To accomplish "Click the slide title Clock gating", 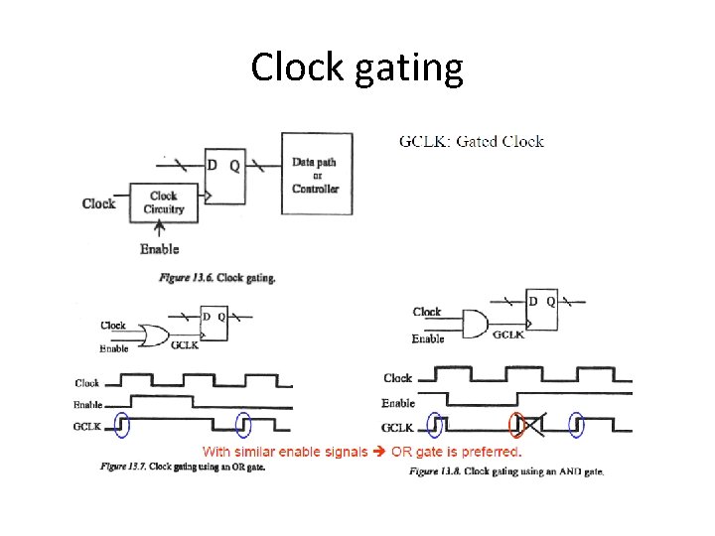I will pyautogui.click(x=357, y=67).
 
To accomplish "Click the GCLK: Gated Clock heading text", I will pyautogui.click(x=471, y=141).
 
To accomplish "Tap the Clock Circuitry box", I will pyautogui.click(x=164, y=202).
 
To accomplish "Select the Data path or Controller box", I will pyautogui.click(x=315, y=174).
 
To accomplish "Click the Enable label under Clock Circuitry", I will pyautogui.click(x=159, y=249).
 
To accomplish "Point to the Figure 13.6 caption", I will pyautogui.click(x=217, y=278).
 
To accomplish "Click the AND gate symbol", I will pyautogui.click(x=475, y=322).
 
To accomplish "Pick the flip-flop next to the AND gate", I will pyautogui.click(x=541, y=310).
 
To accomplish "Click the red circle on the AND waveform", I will pyautogui.click(x=516, y=425).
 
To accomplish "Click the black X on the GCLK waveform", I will pyautogui.click(x=532, y=427).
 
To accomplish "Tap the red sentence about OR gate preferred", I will pyautogui.click(x=361, y=453).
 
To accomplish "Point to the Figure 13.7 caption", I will pyautogui.click(x=183, y=467).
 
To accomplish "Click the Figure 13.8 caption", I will pyautogui.click(x=505, y=471).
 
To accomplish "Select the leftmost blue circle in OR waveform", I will pyautogui.click(x=122, y=424).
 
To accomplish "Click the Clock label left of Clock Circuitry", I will pyautogui.click(x=98, y=203).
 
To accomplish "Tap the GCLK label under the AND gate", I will pyautogui.click(x=509, y=336).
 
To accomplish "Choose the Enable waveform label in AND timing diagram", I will pyautogui.click(x=398, y=403).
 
